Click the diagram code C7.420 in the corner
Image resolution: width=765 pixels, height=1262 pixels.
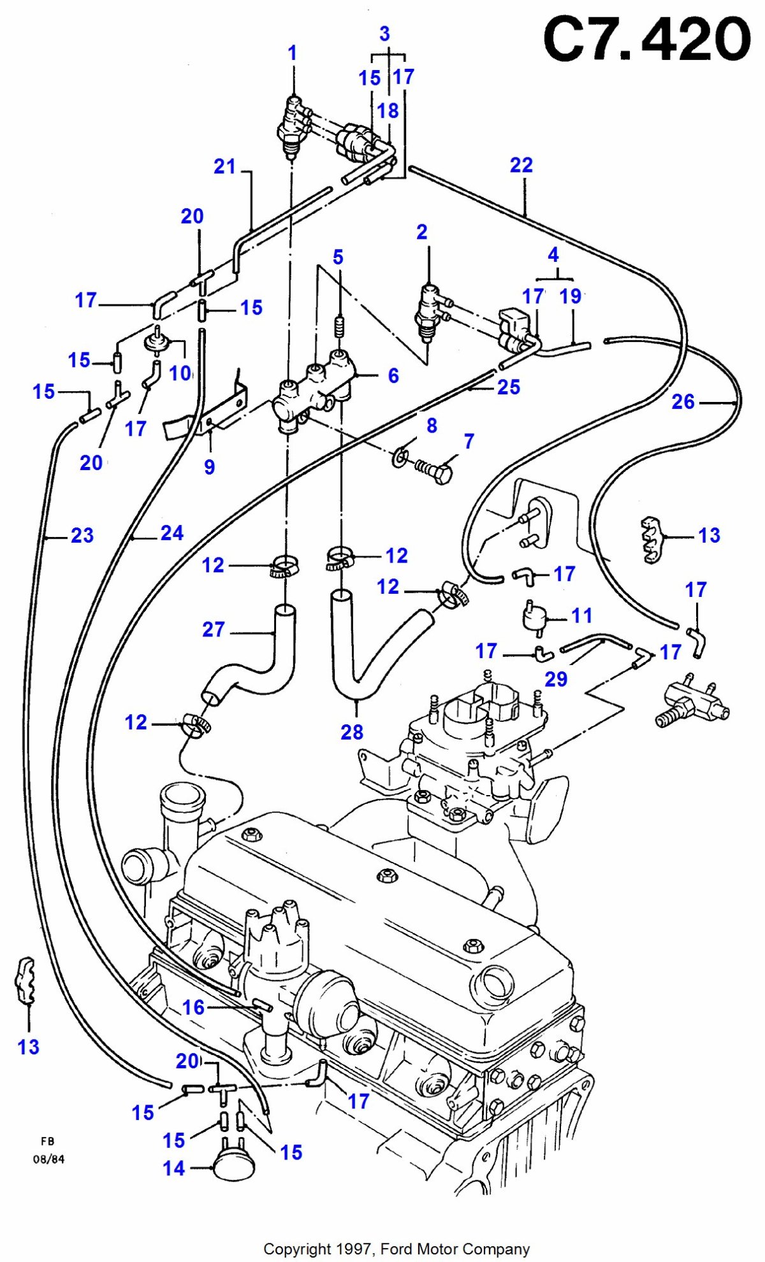[646, 39]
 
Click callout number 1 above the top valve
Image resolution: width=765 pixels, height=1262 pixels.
[293, 53]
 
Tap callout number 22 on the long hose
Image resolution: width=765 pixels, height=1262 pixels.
[521, 166]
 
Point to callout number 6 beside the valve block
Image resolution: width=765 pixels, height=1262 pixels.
[393, 376]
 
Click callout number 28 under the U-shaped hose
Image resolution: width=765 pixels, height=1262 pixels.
[352, 732]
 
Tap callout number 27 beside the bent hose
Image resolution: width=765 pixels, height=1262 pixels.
[214, 629]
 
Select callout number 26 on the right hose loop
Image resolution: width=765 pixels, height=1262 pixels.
[683, 402]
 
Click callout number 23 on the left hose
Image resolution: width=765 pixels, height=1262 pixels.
[82, 535]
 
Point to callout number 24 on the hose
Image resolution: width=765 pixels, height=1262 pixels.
[172, 533]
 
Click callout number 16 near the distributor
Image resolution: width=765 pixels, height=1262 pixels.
[193, 1007]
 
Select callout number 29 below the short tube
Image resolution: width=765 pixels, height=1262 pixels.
[556, 679]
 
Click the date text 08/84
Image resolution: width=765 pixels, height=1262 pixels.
[49, 1159]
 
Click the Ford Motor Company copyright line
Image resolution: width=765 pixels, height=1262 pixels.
[397, 1249]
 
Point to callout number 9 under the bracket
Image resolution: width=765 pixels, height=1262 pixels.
[210, 467]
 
